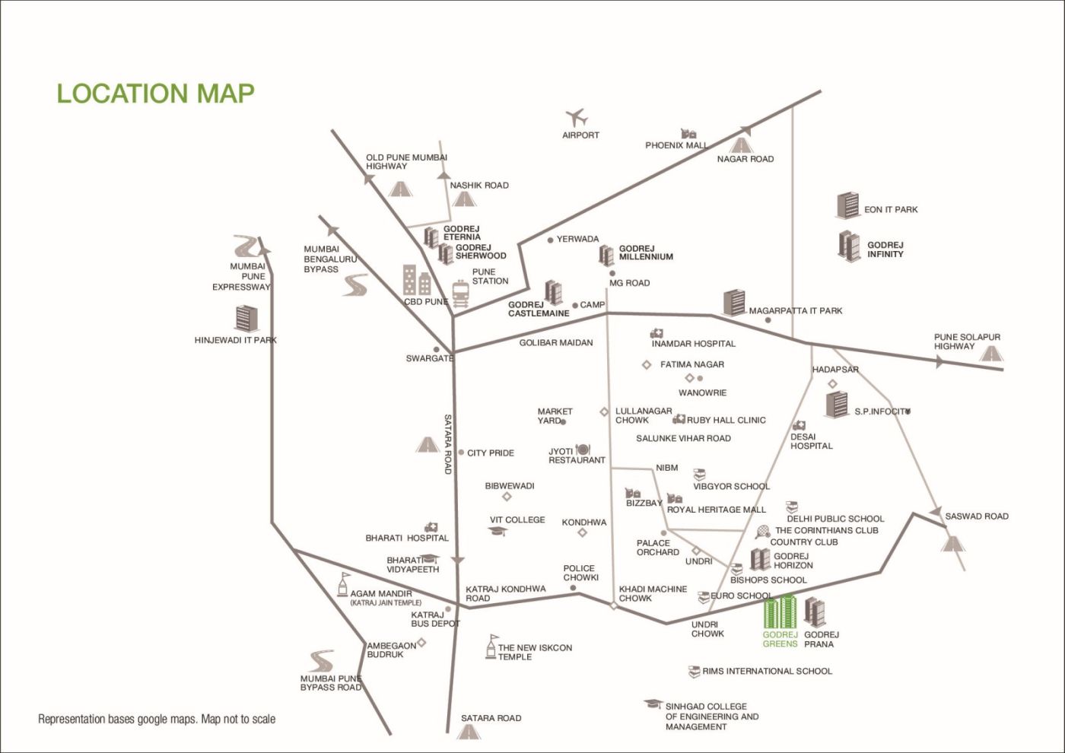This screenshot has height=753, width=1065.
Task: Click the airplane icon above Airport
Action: [577, 118]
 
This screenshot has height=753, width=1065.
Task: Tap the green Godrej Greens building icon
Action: [780, 613]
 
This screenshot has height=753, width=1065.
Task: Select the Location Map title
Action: [155, 93]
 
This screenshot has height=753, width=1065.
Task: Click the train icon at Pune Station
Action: [460, 294]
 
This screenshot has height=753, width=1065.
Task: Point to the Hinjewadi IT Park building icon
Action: [246, 319]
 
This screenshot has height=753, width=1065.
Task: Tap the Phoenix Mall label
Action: [676, 145]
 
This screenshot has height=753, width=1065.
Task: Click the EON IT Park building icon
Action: [847, 205]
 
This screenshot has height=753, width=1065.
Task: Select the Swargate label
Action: [429, 358]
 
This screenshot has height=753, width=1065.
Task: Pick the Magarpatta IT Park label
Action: [795, 310]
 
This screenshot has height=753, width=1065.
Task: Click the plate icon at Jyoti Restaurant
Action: [583, 450]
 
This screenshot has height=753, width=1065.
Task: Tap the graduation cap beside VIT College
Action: [498, 531]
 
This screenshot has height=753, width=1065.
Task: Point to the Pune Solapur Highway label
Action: [966, 342]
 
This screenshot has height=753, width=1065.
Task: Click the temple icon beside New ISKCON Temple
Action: [491, 647]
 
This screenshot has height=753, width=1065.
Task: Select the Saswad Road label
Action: [976, 516]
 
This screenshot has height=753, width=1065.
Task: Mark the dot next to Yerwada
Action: [551, 240]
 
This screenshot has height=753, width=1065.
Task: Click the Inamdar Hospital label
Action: [693, 344]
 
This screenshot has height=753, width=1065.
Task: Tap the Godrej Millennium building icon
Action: [606, 255]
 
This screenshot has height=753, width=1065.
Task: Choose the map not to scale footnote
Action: [157, 719]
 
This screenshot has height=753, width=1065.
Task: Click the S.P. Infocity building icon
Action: [837, 405]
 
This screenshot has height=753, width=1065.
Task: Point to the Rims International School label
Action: [767, 671]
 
